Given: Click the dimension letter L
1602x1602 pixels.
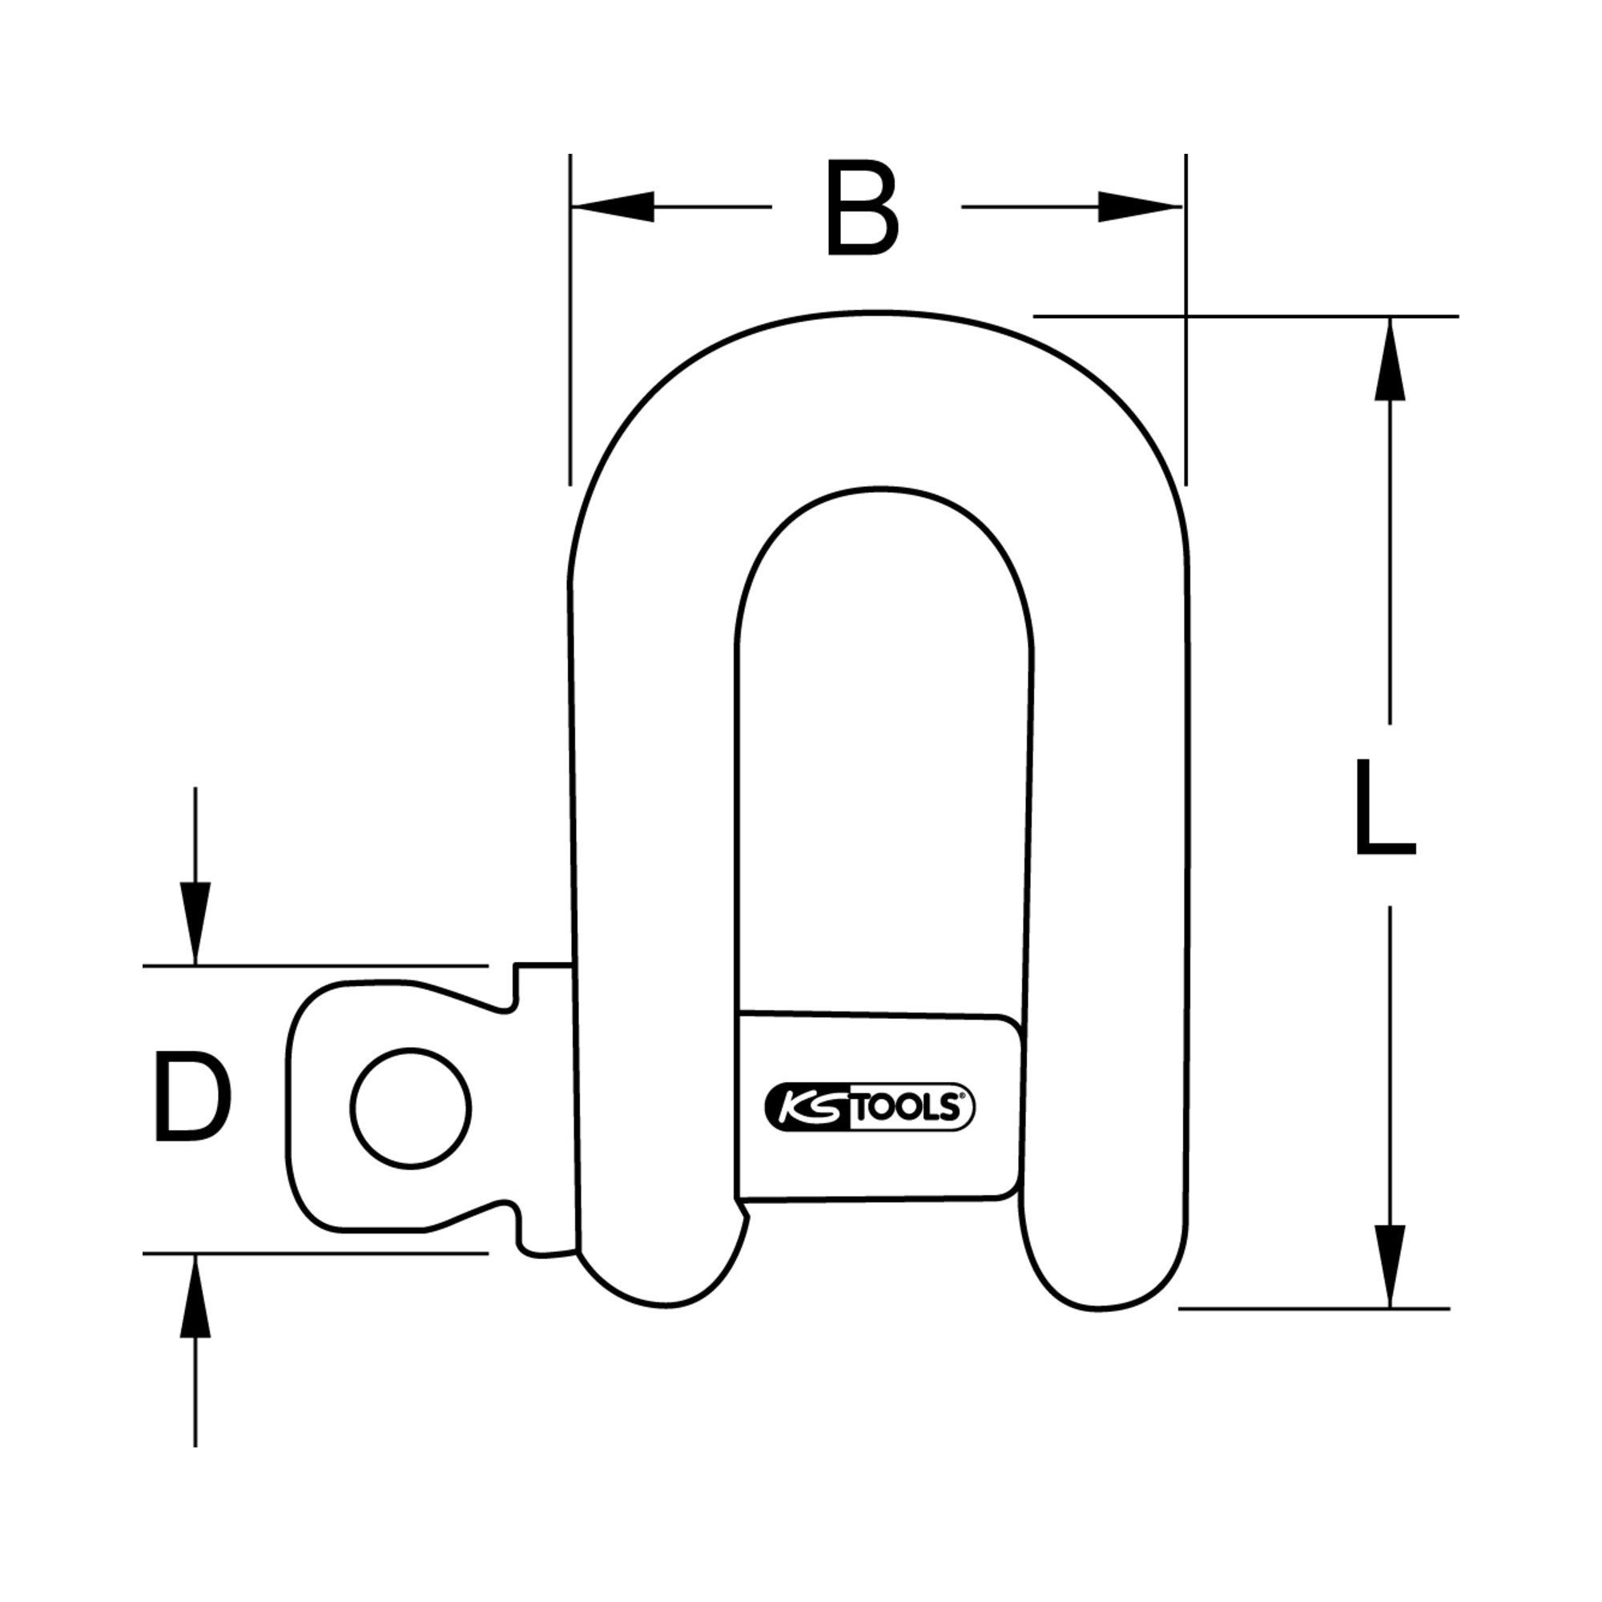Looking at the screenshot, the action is [x=1385, y=807].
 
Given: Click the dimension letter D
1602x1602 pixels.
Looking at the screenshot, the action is [x=191, y=1097].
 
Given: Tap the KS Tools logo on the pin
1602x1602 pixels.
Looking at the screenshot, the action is [x=868, y=1107].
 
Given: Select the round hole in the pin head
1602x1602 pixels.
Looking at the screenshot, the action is [x=410, y=1108].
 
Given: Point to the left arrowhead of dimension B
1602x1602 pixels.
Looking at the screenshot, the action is [x=614, y=207].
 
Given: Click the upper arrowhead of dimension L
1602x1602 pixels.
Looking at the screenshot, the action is [x=1390, y=359].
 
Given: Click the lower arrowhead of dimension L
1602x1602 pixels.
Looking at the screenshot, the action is [x=1390, y=1266].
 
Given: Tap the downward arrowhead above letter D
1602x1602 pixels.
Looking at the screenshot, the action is [x=195, y=923].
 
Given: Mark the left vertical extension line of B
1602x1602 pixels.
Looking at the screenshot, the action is [x=570, y=320].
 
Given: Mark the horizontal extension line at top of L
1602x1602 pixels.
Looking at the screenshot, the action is [x=1246, y=316].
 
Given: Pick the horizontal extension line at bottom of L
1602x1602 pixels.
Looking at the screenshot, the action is [x=1314, y=1309].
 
